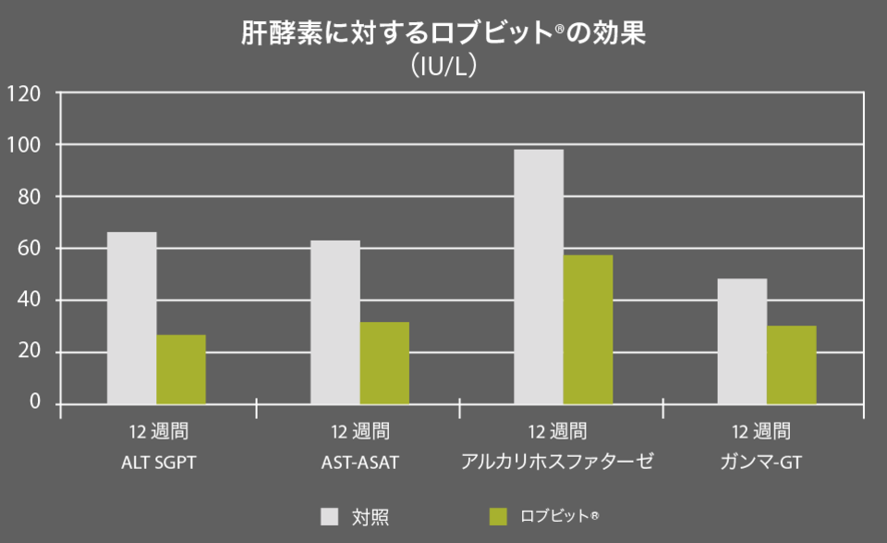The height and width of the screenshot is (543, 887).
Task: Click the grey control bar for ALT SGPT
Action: [132, 317]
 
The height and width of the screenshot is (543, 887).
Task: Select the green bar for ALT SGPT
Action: [181, 369]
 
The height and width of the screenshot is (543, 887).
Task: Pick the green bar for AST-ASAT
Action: [384, 363]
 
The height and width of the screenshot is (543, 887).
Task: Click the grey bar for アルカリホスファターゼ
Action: [539, 277]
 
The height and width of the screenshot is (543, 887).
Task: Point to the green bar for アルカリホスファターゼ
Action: [588, 329]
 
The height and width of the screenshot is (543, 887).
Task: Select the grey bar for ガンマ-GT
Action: [742, 340]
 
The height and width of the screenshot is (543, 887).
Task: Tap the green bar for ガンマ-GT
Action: [792, 364]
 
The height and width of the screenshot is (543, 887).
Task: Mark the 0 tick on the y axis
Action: [34, 402]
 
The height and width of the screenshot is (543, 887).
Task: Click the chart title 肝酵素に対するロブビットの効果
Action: [443, 33]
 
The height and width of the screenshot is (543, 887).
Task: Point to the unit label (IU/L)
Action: [443, 67]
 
